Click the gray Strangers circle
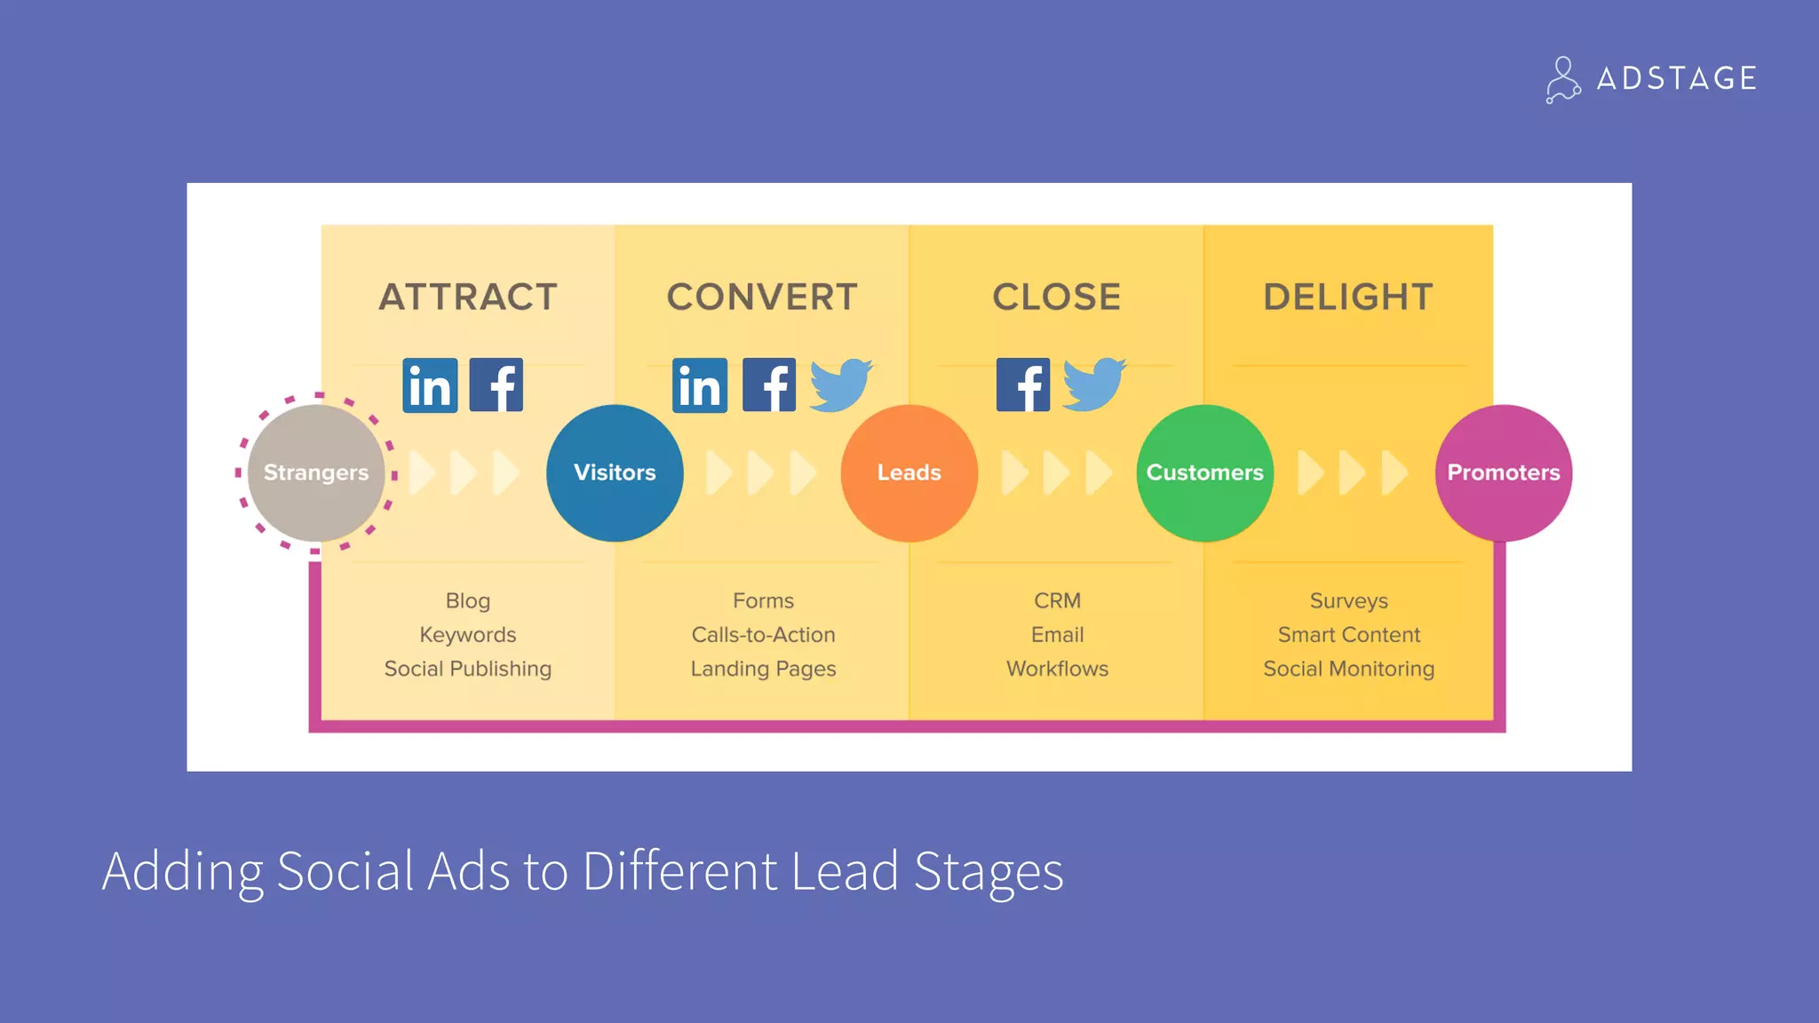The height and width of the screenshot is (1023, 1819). pyautogui.click(x=315, y=472)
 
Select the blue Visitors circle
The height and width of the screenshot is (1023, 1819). pyautogui.click(x=615, y=472)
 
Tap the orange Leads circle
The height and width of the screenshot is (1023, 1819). pyautogui.click(x=909, y=472)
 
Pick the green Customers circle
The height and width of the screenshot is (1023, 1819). pyautogui.click(x=1204, y=472)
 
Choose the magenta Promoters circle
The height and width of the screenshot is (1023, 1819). pyautogui.click(x=1503, y=472)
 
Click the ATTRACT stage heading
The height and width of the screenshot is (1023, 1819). pyautogui.click(x=468, y=297)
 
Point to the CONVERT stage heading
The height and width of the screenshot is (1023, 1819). pyautogui.click(x=762, y=297)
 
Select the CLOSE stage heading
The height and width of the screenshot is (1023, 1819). pyautogui.click(x=1056, y=297)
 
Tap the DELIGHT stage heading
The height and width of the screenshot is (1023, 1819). pyautogui.click(x=1348, y=297)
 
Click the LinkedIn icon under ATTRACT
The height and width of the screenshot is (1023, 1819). pyautogui.click(x=430, y=385)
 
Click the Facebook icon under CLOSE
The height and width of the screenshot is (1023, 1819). pyautogui.click(x=1022, y=385)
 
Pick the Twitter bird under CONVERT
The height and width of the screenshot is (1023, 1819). pyautogui.click(x=840, y=385)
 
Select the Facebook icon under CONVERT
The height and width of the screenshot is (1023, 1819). pyautogui.click(x=768, y=385)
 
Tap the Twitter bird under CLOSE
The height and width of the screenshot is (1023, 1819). pyautogui.click(x=1094, y=385)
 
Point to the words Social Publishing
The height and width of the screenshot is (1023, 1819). pyautogui.click(x=467, y=669)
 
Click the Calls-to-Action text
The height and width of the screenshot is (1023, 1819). pyautogui.click(x=763, y=635)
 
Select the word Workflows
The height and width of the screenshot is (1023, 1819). pyautogui.click(x=1057, y=669)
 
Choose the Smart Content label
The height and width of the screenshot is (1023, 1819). pyautogui.click(x=1348, y=635)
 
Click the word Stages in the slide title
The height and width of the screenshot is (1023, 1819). pyautogui.click(x=988, y=871)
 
